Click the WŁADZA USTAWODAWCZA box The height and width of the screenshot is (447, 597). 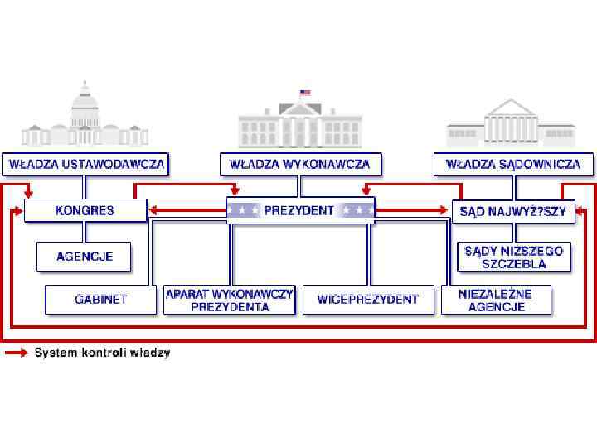tap(86, 164)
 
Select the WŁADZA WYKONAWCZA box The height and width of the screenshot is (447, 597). tap(300, 164)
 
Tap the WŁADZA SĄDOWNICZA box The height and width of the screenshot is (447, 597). tap(513, 164)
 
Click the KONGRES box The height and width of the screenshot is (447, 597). tap(85, 210)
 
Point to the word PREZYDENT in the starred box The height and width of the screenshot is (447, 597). tap(299, 210)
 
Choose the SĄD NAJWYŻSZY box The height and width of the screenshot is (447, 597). tap(513, 211)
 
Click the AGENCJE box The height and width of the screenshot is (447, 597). tap(85, 257)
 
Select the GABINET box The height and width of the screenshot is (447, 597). tap(101, 300)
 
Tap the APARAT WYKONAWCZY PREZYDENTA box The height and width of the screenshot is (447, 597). tap(230, 300)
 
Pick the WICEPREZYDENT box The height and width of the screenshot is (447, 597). tap(368, 300)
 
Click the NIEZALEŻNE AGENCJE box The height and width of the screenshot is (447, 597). tap(497, 300)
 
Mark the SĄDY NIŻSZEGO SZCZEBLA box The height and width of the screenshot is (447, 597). tap(513, 257)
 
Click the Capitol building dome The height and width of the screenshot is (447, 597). tap(85, 103)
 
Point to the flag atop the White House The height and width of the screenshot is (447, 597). tap(304, 93)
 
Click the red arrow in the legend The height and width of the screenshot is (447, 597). tap(17, 353)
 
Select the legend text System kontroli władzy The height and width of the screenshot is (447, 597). tap(102, 353)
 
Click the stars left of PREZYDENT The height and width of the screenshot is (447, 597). tap(244, 210)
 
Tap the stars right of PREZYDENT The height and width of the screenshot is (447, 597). tap(357, 210)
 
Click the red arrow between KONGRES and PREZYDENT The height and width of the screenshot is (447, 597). tap(187, 210)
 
